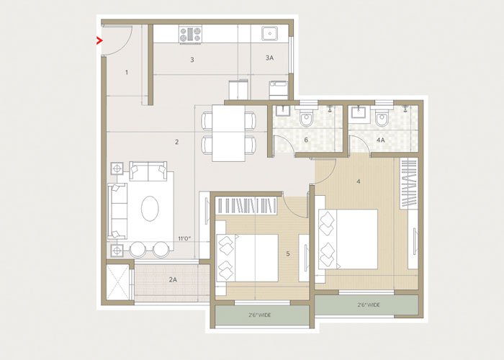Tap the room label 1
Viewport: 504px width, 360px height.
(x=127, y=72)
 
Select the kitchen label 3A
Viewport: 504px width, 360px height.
(x=269, y=58)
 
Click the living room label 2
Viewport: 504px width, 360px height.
(x=176, y=142)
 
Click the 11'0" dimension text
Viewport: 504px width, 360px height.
(x=186, y=238)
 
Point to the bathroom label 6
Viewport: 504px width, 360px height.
(x=306, y=140)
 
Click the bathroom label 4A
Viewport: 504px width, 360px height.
(x=380, y=140)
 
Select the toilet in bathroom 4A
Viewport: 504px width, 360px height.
(x=382, y=117)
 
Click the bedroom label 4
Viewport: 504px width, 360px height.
(x=358, y=181)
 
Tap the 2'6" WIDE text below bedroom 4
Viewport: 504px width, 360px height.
(x=367, y=305)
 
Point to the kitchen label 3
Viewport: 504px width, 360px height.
(x=192, y=60)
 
